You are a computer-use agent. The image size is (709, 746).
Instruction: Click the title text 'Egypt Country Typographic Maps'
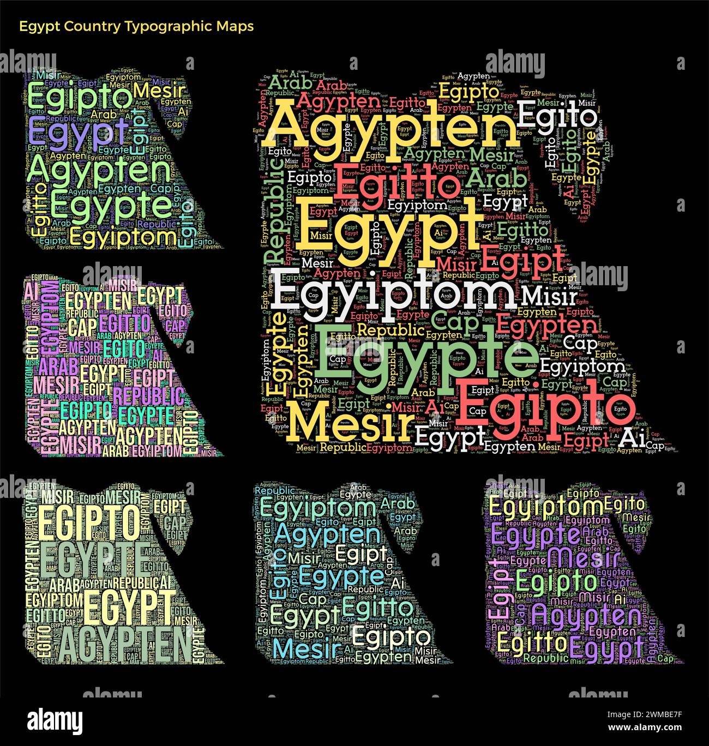point(136,26)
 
